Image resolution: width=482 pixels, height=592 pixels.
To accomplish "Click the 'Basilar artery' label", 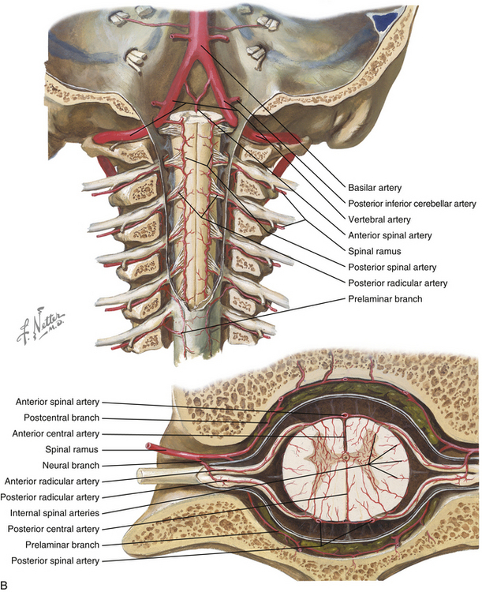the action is click(x=375, y=188).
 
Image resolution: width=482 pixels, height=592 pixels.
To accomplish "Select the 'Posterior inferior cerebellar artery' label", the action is click(x=412, y=204).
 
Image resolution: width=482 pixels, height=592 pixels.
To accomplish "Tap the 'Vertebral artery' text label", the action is click(x=379, y=219).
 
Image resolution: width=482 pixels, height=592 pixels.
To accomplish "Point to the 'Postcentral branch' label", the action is click(x=62, y=418).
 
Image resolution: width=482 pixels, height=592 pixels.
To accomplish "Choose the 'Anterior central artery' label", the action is click(x=55, y=433).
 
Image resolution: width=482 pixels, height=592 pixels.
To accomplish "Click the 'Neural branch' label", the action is click(x=70, y=465).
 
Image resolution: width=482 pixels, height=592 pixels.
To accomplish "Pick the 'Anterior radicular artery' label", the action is click(x=52, y=481).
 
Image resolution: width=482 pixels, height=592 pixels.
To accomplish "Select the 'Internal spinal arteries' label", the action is click(x=54, y=513).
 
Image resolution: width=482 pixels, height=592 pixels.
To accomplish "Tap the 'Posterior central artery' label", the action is click(x=53, y=529).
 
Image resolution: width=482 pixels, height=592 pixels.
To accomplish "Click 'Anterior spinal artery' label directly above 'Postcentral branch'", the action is click(x=57, y=402).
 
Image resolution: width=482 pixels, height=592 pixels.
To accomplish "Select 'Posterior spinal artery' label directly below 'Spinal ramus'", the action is click(x=392, y=267).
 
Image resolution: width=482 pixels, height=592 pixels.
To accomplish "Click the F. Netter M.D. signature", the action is click(x=40, y=325).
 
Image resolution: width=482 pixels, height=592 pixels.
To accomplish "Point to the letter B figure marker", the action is click(x=4, y=585).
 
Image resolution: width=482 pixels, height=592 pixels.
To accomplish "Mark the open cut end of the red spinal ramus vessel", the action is click(x=149, y=446).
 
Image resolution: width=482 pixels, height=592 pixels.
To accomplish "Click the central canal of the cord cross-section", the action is click(x=346, y=458).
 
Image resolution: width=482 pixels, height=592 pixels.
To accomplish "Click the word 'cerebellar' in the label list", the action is click(x=434, y=204).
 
